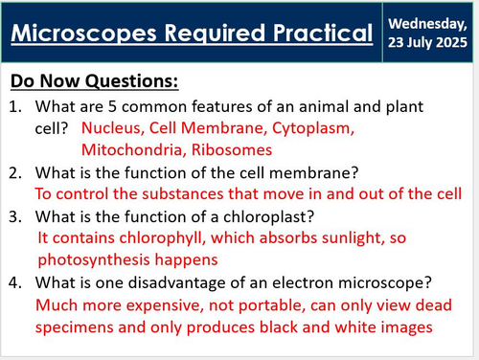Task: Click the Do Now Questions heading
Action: pyautogui.click(x=95, y=80)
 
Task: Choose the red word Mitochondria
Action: pyautogui.click(x=127, y=149)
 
